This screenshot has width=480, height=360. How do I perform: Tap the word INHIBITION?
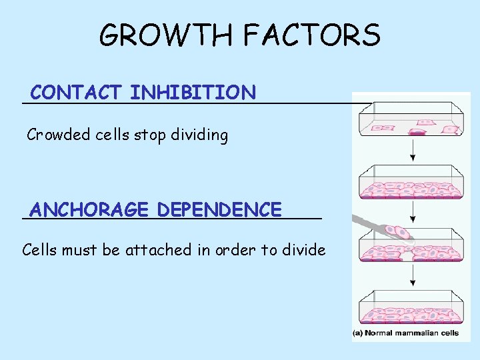coord(193,92)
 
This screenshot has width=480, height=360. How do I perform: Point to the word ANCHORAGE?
coord(89,209)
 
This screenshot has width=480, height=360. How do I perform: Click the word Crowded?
coord(57,135)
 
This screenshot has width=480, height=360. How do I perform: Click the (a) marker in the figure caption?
coord(359,333)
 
